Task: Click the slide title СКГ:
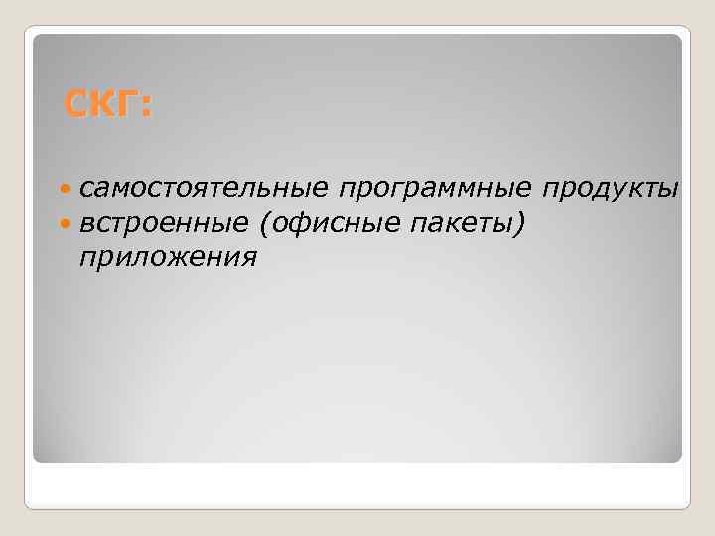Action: (x=108, y=103)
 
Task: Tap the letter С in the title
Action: (x=76, y=103)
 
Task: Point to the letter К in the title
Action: (x=102, y=103)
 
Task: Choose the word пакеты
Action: (x=458, y=223)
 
